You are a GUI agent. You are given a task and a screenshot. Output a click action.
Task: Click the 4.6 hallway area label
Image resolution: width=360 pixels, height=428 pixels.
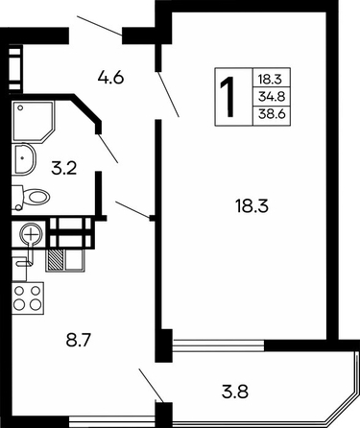click(110, 78)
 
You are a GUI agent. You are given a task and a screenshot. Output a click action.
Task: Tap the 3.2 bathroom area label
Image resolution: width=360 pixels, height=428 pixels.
click(64, 168)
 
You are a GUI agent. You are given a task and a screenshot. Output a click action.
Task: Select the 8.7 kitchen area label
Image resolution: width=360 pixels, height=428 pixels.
click(79, 341)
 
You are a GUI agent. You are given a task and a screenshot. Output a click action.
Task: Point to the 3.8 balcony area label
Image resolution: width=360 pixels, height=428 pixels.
click(235, 392)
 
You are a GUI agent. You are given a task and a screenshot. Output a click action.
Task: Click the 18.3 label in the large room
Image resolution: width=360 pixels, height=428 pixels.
click(252, 205)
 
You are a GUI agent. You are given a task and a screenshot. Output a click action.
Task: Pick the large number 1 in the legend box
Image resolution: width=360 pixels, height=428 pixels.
click(228, 97)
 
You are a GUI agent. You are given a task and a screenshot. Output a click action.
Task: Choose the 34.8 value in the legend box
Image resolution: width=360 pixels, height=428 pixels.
click(272, 96)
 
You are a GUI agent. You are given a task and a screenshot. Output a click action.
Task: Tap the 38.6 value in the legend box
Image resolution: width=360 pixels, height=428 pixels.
click(272, 113)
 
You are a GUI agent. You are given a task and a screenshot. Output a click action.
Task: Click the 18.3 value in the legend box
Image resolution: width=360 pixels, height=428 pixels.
click(270, 79)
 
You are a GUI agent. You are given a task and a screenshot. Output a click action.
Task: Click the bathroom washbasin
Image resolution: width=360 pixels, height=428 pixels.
click(23, 159)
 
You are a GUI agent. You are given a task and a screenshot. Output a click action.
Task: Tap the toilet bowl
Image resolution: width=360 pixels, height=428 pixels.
click(31, 197)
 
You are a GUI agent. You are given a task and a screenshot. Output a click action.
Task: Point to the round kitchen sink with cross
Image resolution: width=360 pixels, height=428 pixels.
click(31, 235)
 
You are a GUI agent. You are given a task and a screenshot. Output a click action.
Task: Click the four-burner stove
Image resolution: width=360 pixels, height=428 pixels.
click(28, 297)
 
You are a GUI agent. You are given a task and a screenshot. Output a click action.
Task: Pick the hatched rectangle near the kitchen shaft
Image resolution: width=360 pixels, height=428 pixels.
click(55, 260)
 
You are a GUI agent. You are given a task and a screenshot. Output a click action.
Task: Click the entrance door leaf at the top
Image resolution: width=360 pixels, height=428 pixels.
click(100, 25)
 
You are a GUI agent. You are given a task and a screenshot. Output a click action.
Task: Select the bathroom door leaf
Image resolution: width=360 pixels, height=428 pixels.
click(108, 149)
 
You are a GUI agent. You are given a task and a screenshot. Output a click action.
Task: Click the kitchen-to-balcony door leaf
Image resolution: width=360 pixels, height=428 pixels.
click(152, 386)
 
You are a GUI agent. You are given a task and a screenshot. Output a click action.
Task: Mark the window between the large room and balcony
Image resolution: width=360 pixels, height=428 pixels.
click(219, 345)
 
